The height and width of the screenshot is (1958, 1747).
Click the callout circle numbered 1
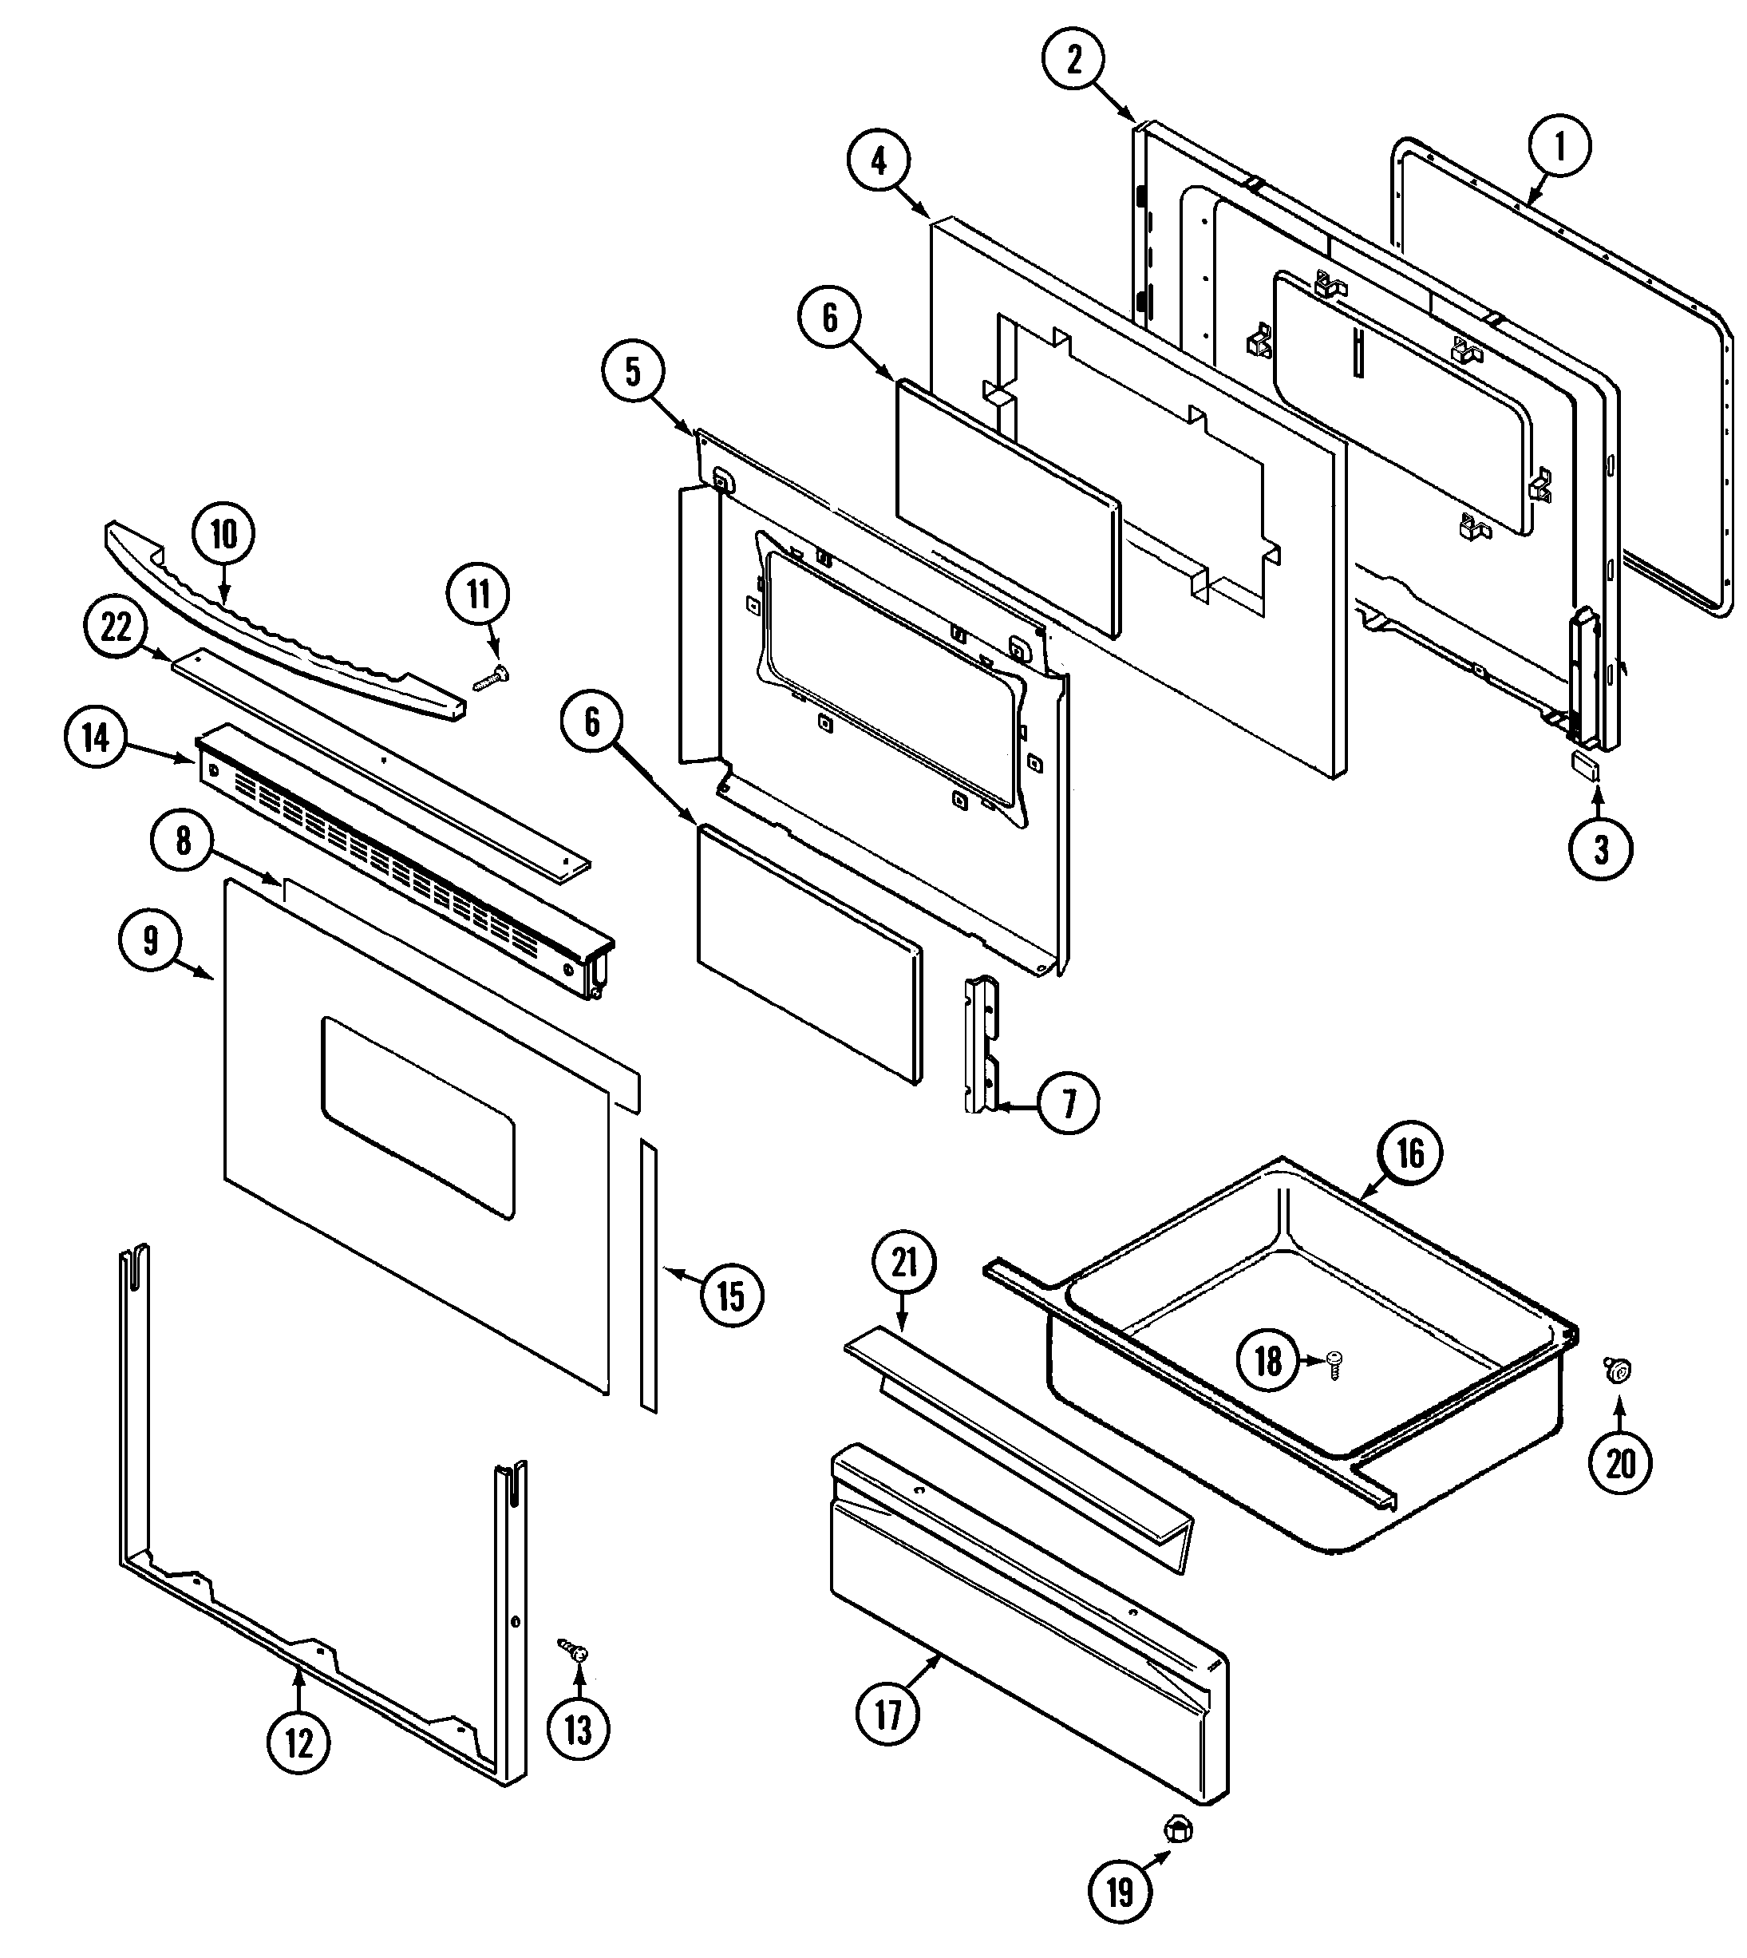click(x=1559, y=147)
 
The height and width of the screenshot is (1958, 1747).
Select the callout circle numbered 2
click(x=1073, y=60)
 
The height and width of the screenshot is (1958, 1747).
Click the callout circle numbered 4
click(x=879, y=162)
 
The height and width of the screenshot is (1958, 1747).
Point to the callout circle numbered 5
click(x=633, y=373)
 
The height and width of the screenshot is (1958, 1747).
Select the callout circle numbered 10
click(x=223, y=535)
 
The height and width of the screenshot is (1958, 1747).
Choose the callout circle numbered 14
click(x=96, y=739)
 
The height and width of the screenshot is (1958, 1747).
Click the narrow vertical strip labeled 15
click(x=650, y=1276)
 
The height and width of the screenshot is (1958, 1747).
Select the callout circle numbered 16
click(x=1409, y=1153)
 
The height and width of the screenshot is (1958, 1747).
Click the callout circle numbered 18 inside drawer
click(x=1268, y=1359)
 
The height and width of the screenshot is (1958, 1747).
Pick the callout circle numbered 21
click(x=905, y=1263)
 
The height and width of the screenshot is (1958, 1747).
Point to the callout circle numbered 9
click(x=151, y=940)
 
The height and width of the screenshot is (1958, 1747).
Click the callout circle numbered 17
click(x=888, y=1713)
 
